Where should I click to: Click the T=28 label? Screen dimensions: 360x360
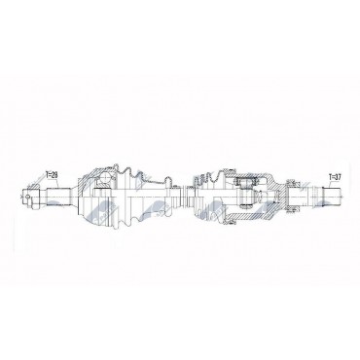pyautogui.click(x=52, y=175)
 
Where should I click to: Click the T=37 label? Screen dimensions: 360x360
pyautogui.click(x=335, y=177)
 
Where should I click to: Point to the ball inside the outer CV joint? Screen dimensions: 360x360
pyautogui.click(x=105, y=179)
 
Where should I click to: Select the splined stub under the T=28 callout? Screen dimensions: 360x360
pyautogui.click(x=58, y=196)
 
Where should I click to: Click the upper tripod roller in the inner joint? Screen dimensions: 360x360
pyautogui.click(x=246, y=182)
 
